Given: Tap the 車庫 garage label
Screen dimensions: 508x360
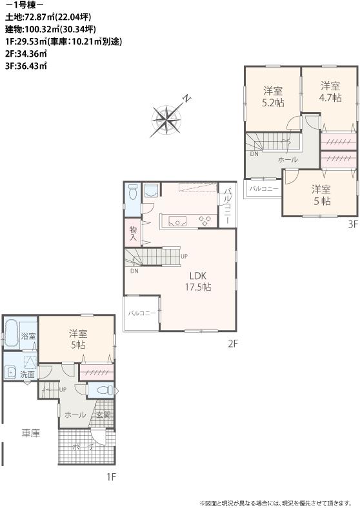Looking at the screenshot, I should (x=30, y=433).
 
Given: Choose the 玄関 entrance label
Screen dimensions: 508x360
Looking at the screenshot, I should (x=103, y=415).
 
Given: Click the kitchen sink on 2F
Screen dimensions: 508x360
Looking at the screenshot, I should (x=177, y=221).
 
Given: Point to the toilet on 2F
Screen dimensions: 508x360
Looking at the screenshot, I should (x=132, y=192).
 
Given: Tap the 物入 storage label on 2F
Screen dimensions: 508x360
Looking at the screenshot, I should (x=134, y=233).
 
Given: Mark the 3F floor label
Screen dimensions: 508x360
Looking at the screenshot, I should (x=352, y=224).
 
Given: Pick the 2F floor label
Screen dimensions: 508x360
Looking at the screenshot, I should (x=233, y=344).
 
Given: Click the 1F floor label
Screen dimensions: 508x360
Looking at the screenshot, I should (x=111, y=477).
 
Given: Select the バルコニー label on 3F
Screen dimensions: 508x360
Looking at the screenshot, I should (x=265, y=189).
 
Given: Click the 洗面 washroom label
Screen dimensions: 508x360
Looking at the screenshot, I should (x=27, y=375).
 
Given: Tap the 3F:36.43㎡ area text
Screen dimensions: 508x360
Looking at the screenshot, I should (x=26, y=65).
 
